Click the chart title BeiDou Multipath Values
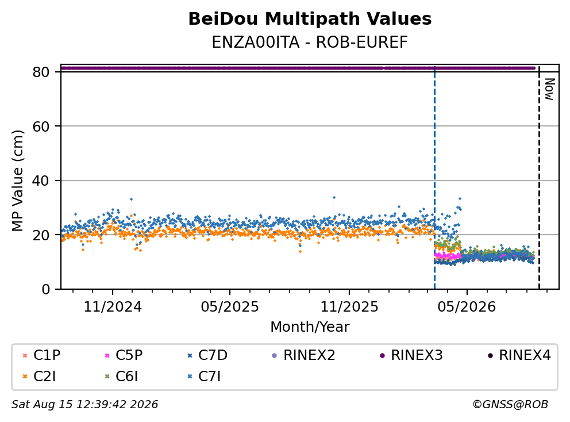coord(310,19)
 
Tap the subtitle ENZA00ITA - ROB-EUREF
coord(310,43)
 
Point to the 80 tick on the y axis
coord(41,72)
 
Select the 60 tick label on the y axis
coord(41,126)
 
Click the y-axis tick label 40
coord(41,181)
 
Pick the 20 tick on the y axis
coord(41,235)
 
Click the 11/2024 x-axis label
coord(113,307)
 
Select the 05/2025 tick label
coord(230,307)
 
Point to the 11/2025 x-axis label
coord(349,307)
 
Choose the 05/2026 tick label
coord(467,307)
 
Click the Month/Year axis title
coord(310,327)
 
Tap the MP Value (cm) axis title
coord(17,181)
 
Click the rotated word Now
coord(549,89)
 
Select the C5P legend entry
coord(124,355)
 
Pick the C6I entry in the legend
coord(121,377)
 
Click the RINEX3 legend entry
coord(411,355)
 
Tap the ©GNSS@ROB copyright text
coord(510,404)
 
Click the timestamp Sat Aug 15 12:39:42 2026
coord(85,404)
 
